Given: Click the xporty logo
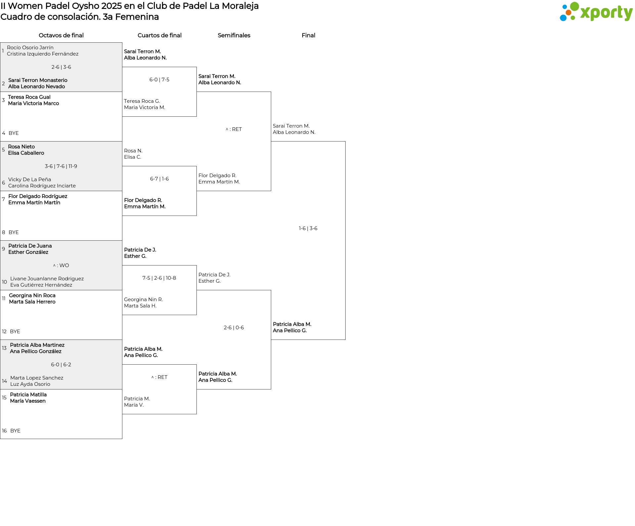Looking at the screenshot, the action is (596, 12).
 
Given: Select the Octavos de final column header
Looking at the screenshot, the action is (61, 35).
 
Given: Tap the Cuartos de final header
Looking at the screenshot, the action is (159, 35).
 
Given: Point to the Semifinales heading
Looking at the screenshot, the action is (234, 35).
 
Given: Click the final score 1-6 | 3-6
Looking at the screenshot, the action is (308, 228).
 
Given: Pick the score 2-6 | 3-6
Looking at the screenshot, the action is (61, 67).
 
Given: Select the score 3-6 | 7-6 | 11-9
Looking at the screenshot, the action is (61, 166).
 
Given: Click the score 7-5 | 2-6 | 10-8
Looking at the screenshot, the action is (159, 278).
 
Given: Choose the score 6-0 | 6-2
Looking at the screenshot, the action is (61, 365).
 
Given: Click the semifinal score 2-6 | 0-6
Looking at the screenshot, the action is (234, 328).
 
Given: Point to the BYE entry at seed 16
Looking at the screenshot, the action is (15, 431).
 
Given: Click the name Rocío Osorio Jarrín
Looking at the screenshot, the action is (30, 48).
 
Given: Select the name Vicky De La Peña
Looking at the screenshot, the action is (29, 180).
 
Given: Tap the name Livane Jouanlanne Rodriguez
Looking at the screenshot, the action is (47, 279).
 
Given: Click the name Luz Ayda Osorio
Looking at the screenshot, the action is (30, 384).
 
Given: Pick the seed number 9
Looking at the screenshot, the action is (4, 249).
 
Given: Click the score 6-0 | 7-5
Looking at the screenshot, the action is (159, 80).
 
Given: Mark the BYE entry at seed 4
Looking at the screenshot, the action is (14, 133).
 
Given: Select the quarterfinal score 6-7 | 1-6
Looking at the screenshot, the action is (159, 179).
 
